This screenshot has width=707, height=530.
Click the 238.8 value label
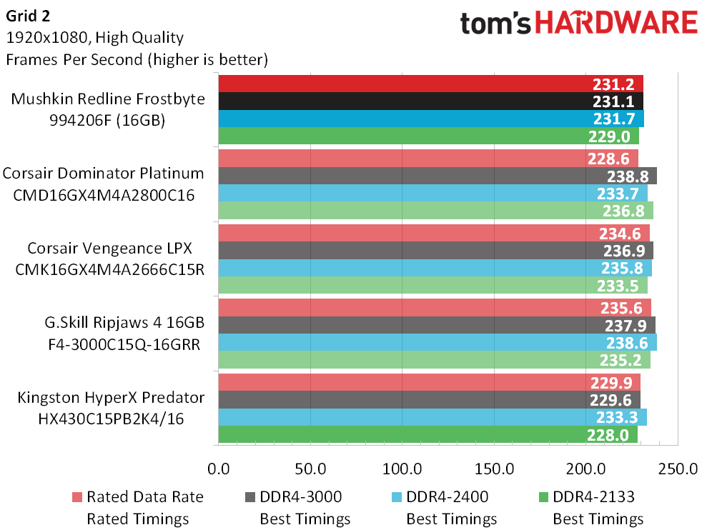click(x=628, y=176)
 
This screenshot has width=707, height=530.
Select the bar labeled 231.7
click(x=431, y=119)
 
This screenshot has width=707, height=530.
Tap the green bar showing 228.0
click(x=428, y=435)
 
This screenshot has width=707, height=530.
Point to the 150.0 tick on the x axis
click(x=494, y=469)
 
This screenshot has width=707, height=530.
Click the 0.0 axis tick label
click(x=219, y=469)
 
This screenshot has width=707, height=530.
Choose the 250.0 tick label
click(x=678, y=469)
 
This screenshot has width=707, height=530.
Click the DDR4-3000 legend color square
click(x=250, y=497)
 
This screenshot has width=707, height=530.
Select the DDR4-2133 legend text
click(x=593, y=496)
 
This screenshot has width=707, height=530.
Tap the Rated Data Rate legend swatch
click(x=77, y=497)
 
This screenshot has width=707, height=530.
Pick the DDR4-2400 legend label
click(x=447, y=496)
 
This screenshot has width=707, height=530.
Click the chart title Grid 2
click(x=28, y=16)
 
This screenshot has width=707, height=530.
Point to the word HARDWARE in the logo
click(x=616, y=23)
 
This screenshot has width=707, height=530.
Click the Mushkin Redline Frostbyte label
click(x=108, y=99)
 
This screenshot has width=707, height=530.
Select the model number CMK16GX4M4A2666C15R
click(x=109, y=269)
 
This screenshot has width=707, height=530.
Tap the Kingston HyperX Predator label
click(x=111, y=397)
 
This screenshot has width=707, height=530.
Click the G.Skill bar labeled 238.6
click(x=437, y=343)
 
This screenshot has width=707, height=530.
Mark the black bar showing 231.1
click(x=430, y=101)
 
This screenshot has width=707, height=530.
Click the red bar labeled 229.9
click(x=429, y=383)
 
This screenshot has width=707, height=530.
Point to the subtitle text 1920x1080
click(x=49, y=37)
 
